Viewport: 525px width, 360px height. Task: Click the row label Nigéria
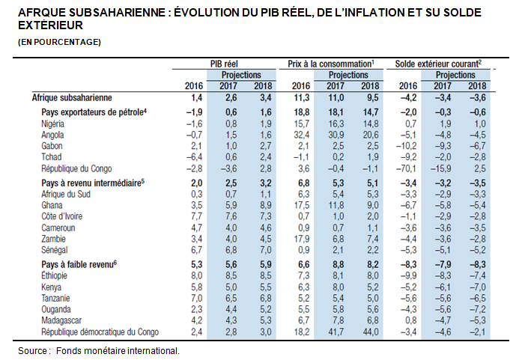52,123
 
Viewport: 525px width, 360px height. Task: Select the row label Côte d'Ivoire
61,216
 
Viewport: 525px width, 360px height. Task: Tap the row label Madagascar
61,320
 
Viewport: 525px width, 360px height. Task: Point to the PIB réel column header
224,64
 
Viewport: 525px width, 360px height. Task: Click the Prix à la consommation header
331,64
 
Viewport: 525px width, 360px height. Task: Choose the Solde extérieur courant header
438,64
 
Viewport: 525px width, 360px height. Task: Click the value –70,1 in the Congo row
406,168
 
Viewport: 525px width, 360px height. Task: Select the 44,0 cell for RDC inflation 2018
370,332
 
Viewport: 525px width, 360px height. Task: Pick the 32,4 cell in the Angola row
301,135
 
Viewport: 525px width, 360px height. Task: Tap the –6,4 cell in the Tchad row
194,157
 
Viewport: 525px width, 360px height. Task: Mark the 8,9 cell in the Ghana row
266,205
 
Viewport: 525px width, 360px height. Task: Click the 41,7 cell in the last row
336,332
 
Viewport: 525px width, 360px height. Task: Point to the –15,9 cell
440,168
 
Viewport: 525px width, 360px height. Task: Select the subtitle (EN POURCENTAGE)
59,42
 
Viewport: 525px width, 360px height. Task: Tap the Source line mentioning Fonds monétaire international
99,350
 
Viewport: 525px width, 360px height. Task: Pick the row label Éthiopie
54,275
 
